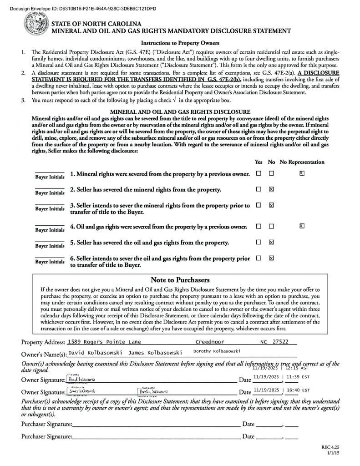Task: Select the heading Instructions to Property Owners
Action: click(180, 43)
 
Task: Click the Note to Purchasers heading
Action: click(180, 280)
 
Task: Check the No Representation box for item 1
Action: click(302, 173)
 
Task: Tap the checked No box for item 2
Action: click(271, 189)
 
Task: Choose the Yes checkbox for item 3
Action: click(259, 205)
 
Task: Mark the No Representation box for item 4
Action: click(302, 226)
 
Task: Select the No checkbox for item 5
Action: click(271, 242)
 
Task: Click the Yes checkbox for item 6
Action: click(259, 258)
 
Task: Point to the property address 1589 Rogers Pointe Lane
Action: click(104, 342)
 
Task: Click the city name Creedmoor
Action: click(209, 342)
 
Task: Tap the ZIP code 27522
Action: click(280, 342)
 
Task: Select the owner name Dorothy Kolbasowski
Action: click(217, 351)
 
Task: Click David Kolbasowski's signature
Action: click(81, 379)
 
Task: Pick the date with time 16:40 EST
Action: click(281, 390)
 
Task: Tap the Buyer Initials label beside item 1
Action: click(50, 177)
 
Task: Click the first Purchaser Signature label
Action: click(46, 424)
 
